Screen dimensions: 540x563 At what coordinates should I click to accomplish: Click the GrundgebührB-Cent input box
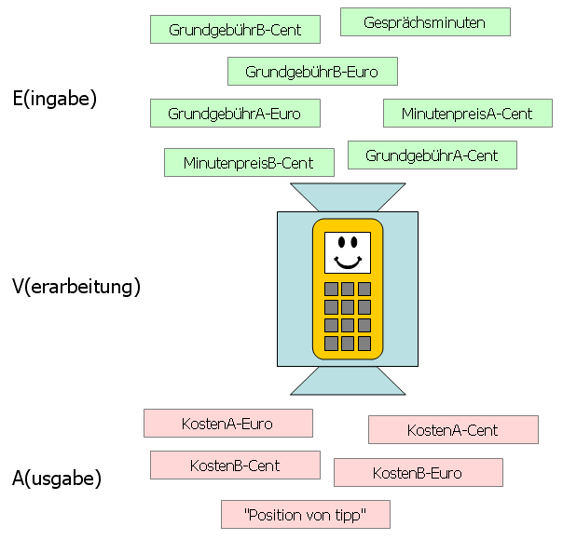tap(235, 30)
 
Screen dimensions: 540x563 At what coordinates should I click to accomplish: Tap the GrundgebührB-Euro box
tap(312, 72)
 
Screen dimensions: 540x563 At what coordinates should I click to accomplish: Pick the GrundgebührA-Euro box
tap(234, 114)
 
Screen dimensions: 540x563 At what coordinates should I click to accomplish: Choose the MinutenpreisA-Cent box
tap(467, 114)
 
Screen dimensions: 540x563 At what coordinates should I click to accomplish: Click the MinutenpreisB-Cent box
tap(249, 163)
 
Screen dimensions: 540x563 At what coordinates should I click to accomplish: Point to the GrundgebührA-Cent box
tap(432, 155)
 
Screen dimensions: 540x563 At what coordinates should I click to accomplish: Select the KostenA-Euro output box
tap(227, 424)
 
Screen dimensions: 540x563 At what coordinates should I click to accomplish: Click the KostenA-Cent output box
tap(453, 430)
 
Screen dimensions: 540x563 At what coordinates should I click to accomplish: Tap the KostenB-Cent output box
tap(235, 466)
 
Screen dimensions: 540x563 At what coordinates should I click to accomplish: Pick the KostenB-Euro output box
tap(418, 473)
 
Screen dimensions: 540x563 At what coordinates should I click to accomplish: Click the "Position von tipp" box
tap(305, 514)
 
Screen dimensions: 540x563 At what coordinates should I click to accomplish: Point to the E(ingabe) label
tap(54, 98)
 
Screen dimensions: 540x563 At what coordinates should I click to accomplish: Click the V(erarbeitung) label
tap(76, 287)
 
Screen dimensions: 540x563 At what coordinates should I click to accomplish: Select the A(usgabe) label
tap(57, 479)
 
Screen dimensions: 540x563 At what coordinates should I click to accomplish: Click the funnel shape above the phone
tap(347, 196)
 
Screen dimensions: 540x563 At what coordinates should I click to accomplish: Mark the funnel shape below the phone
tap(347, 381)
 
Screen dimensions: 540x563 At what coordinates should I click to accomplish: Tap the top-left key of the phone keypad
tap(330, 289)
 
